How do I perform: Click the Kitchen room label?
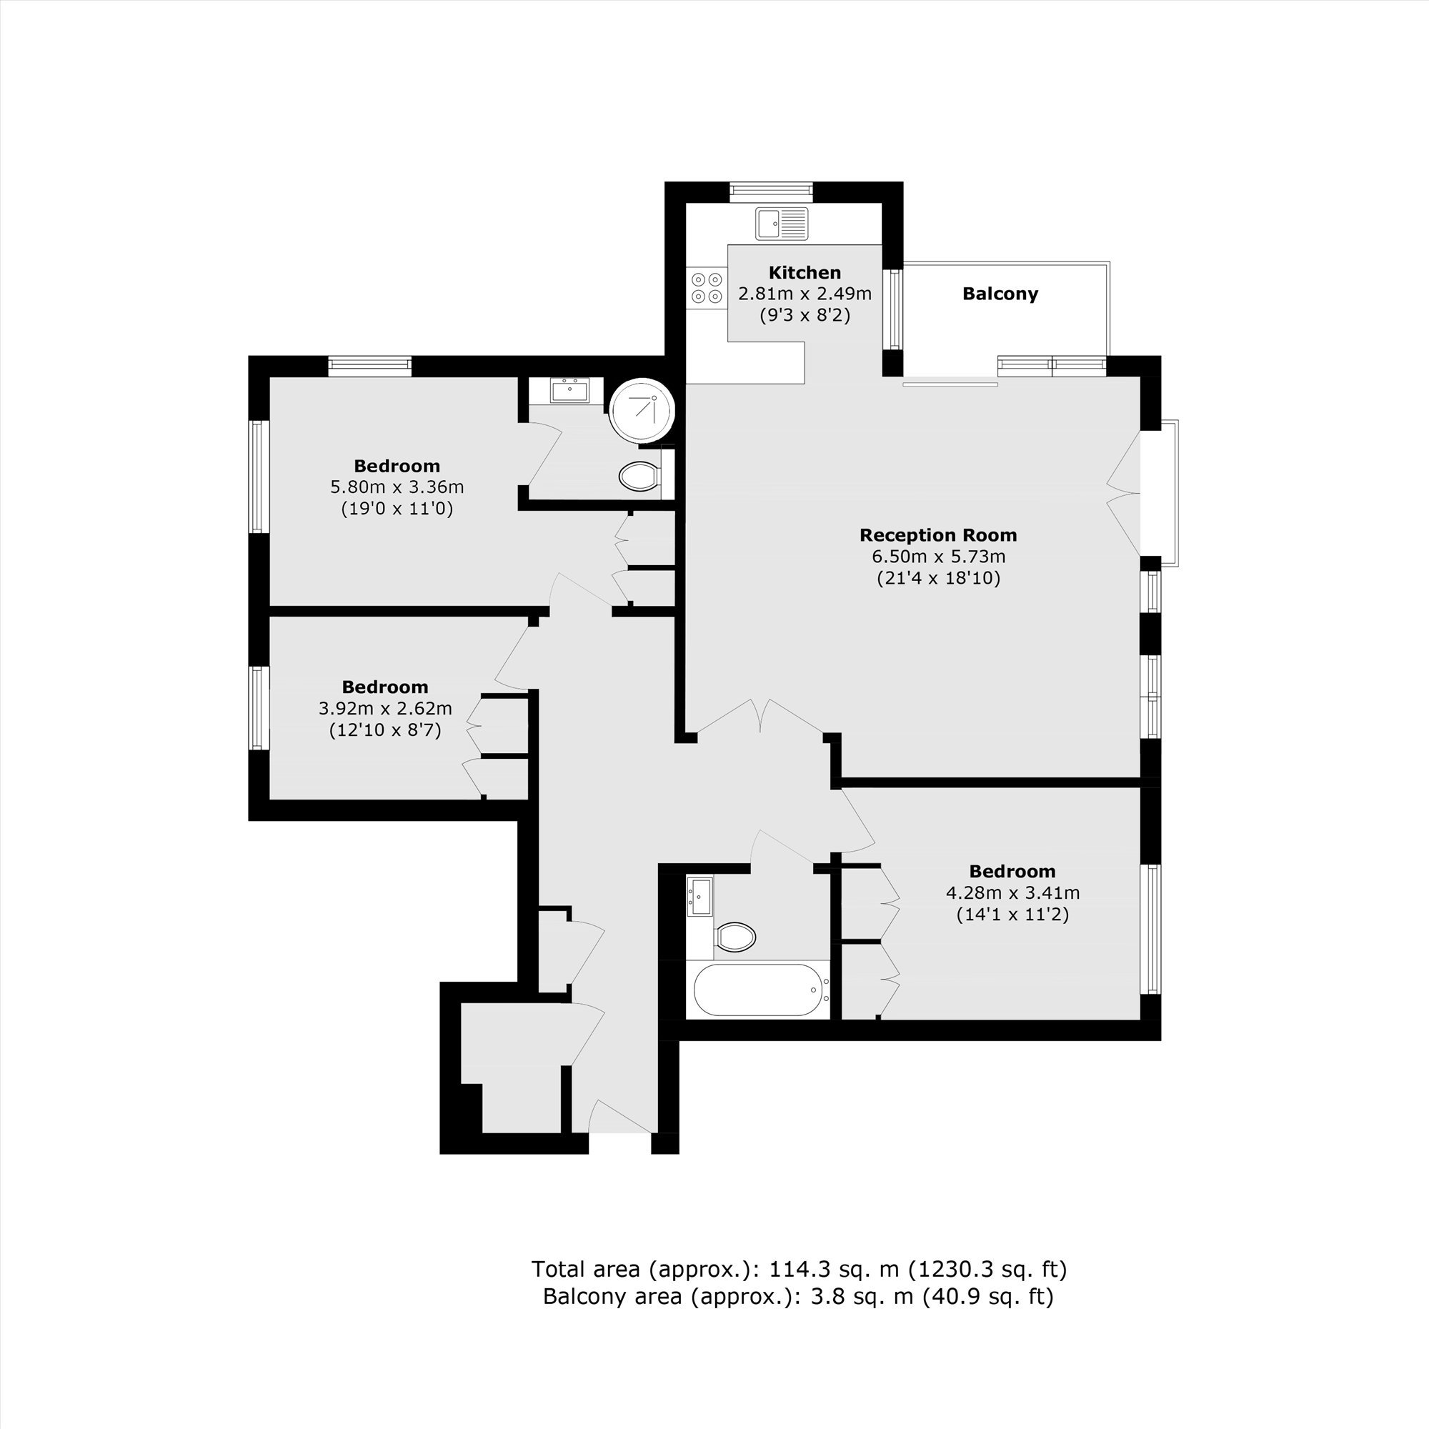click(805, 272)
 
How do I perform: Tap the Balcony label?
click(1000, 294)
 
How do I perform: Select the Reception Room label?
click(938, 534)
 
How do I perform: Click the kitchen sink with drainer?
click(782, 224)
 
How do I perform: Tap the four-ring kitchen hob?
click(707, 289)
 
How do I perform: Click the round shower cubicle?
click(642, 409)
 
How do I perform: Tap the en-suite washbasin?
click(569, 390)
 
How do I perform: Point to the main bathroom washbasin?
click(699, 897)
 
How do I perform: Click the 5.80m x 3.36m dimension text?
click(397, 487)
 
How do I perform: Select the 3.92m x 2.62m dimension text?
click(385, 709)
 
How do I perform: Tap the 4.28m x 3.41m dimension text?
click(1012, 892)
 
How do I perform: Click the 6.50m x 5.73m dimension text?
click(939, 556)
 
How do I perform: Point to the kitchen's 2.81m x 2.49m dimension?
click(805, 294)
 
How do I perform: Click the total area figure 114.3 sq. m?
click(835, 1269)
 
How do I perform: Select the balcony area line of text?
click(798, 1296)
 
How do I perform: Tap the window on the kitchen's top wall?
click(772, 192)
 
